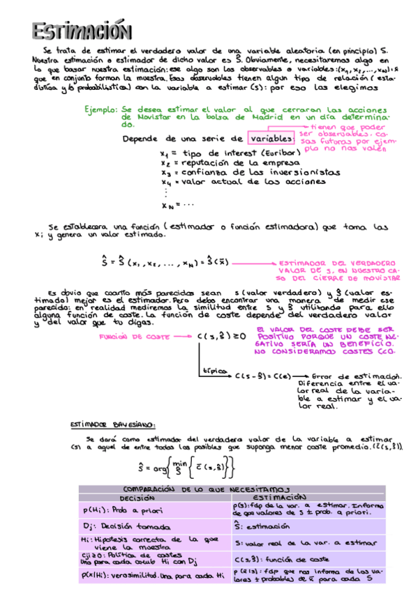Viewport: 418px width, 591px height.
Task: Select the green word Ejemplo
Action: [x=100, y=111]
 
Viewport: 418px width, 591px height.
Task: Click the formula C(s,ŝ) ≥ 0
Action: [x=221, y=337]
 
